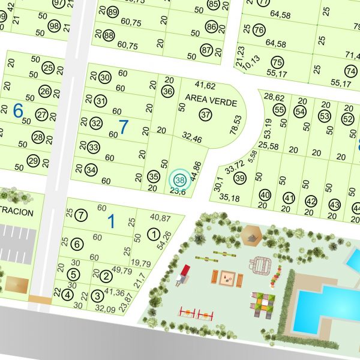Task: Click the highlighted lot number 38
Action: (178, 178)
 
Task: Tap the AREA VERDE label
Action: (211, 97)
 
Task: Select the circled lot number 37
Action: (206, 114)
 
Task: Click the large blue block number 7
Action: (124, 127)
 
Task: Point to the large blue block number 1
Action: (110, 221)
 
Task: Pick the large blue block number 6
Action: (18, 110)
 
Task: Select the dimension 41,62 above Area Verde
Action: (205, 85)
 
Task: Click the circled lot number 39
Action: (240, 178)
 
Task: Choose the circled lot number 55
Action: (279, 110)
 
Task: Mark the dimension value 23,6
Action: (178, 192)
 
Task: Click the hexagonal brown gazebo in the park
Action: (251, 236)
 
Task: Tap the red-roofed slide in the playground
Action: (184, 273)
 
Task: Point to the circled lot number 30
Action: (105, 77)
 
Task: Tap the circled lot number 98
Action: (54, 26)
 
